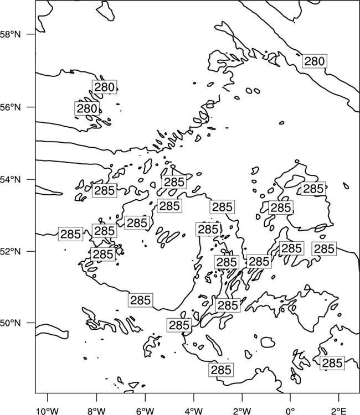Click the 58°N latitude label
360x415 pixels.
click(10, 34)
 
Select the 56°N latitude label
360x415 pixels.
click(10, 107)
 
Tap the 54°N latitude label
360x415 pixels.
click(10, 179)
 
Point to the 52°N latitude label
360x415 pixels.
click(10, 251)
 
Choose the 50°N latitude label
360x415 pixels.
click(10, 323)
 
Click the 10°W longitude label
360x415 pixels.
click(48, 411)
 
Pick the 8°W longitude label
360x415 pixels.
click(96, 411)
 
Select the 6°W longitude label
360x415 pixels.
click(145, 411)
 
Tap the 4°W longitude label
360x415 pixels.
click(194, 411)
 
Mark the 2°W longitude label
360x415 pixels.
click(242, 411)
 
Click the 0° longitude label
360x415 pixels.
click(290, 411)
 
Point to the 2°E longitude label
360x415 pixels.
click(339, 411)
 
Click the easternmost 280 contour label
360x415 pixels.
click(315, 61)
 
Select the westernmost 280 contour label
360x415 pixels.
click(87, 108)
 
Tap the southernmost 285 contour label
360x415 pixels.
click(221, 370)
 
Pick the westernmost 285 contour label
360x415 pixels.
click(70, 234)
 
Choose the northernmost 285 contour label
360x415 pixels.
click(174, 182)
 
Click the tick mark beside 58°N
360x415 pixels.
click(31, 34)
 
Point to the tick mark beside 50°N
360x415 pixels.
click(31, 323)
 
